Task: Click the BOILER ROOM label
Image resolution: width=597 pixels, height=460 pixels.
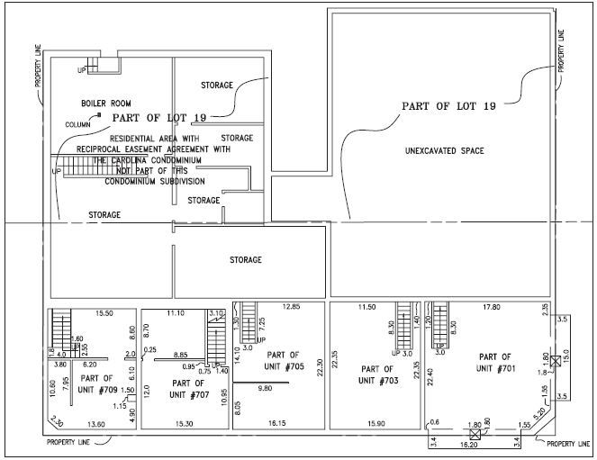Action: click(105, 104)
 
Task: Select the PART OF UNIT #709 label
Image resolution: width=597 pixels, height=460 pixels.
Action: click(96, 383)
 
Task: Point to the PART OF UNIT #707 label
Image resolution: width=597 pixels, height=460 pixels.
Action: click(185, 389)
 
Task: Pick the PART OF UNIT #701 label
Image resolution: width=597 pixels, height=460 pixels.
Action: click(495, 363)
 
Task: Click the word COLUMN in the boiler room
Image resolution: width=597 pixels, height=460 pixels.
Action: click(78, 125)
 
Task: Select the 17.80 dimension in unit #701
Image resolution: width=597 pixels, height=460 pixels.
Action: click(491, 308)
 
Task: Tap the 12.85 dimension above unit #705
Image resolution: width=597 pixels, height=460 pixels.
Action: click(289, 308)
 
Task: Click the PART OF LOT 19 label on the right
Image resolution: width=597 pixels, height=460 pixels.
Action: click(448, 106)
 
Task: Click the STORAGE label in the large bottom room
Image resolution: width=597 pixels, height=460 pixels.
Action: click(245, 260)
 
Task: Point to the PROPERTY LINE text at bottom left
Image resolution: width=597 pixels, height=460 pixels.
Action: click(72, 442)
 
